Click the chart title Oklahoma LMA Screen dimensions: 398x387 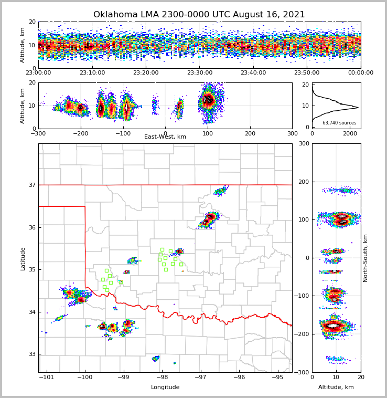coord(199,15)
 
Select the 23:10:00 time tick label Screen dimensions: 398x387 coord(92,73)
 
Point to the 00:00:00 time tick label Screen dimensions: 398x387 coord(360,73)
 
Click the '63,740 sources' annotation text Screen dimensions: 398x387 coord(339,123)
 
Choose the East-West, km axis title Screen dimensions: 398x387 coord(165,137)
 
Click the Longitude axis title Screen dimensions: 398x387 coord(165,387)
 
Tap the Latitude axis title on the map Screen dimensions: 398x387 coord(23,258)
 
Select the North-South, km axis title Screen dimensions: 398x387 coord(365,258)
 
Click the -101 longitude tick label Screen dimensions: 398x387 coord(46,377)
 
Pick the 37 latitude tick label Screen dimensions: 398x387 coord(31,185)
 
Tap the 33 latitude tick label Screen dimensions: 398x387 coord(31,354)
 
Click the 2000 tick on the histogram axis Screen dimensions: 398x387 coord(350,133)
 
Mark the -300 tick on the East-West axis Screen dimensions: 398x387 coord(38,133)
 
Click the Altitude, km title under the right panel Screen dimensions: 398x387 coord(336,387)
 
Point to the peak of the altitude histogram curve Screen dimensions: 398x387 coord(358,108)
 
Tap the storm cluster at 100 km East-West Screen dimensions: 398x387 coord(209,100)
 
